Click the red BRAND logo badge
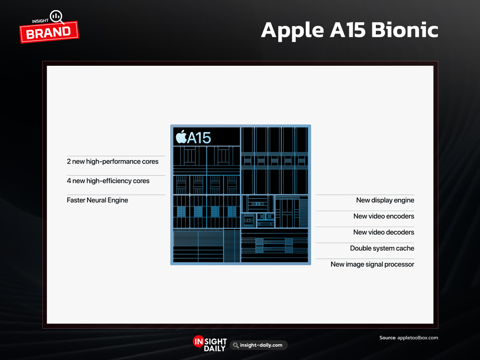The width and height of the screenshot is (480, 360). point(49,32)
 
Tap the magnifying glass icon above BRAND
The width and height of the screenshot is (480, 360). point(57,17)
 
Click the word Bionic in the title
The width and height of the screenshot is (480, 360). point(405,30)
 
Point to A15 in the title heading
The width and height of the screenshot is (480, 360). point(348,30)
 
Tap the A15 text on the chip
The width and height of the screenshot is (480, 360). point(199,138)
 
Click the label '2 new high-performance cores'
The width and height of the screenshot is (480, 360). point(113,162)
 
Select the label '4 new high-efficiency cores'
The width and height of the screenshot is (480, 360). point(108,181)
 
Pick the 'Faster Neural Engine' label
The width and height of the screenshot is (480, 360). point(97,200)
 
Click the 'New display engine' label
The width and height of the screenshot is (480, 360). point(385,200)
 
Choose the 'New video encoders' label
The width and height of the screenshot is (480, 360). point(384,216)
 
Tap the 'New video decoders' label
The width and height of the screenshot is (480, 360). point(384,232)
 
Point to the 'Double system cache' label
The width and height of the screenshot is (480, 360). point(382,248)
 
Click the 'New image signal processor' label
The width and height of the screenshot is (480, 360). point(372,264)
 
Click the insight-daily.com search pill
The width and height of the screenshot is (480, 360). point(259,345)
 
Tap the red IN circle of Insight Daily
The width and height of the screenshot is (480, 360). point(198,341)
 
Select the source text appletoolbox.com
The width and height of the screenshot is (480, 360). point(418,337)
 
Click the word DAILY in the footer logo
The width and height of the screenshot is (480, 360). point(215,348)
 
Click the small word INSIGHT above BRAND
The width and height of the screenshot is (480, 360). point(40,21)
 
